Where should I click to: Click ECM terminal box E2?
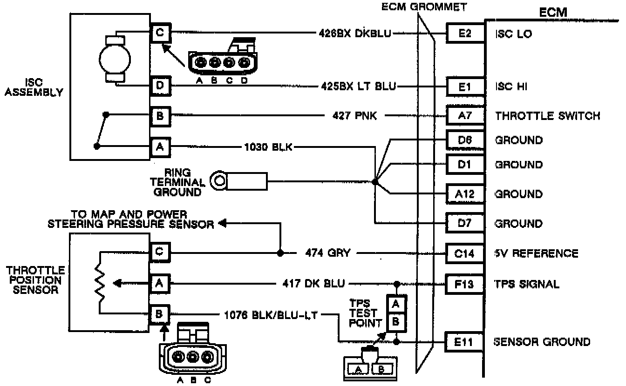(x=465, y=33)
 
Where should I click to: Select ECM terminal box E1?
(x=465, y=86)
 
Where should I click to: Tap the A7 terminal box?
(x=465, y=115)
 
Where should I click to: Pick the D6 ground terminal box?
(x=465, y=140)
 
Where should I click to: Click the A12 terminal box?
(x=465, y=193)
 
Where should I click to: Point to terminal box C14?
(x=465, y=253)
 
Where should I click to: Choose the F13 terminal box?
(x=465, y=283)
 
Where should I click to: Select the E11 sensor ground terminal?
(x=465, y=342)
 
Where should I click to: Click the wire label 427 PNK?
(x=355, y=116)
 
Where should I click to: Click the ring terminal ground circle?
(x=218, y=180)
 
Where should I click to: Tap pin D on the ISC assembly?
(x=160, y=86)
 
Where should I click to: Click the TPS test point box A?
(x=396, y=304)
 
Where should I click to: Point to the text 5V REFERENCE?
(x=536, y=253)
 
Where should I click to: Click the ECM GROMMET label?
(x=424, y=7)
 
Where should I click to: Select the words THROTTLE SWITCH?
(x=547, y=116)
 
